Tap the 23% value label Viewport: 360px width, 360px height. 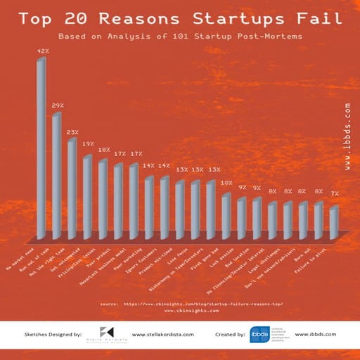72,131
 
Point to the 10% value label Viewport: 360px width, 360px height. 226,183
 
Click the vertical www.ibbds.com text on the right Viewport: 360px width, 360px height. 347,137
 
